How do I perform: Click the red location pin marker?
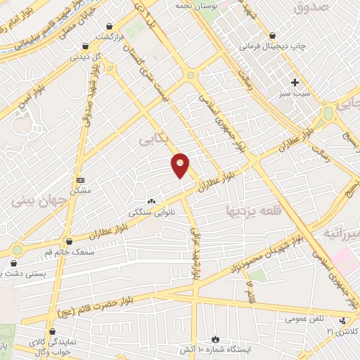(181, 165)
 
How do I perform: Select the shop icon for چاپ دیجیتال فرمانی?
(272, 35)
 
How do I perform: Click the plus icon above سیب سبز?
(295, 82)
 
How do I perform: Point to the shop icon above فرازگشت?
(110, 26)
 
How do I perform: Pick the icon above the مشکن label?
(79, 180)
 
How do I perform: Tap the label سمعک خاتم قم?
(50, 251)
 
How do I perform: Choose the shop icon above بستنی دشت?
(13, 263)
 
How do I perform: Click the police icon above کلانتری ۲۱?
(342, 321)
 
